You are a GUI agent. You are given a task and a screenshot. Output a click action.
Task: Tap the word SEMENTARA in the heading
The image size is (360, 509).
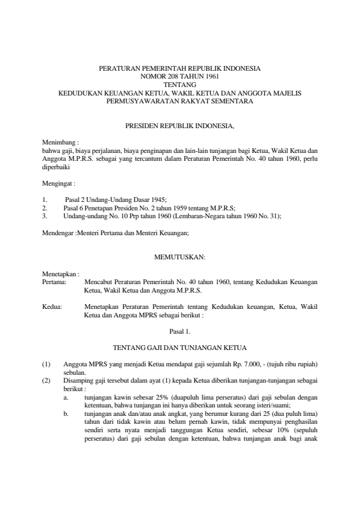[x=234, y=102]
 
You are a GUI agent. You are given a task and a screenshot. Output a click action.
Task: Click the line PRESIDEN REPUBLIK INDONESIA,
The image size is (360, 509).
[x=179, y=128]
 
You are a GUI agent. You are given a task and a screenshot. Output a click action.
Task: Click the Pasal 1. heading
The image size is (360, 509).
[x=180, y=331]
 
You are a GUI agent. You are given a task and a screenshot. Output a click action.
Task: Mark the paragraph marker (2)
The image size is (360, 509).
[x=47, y=380]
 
